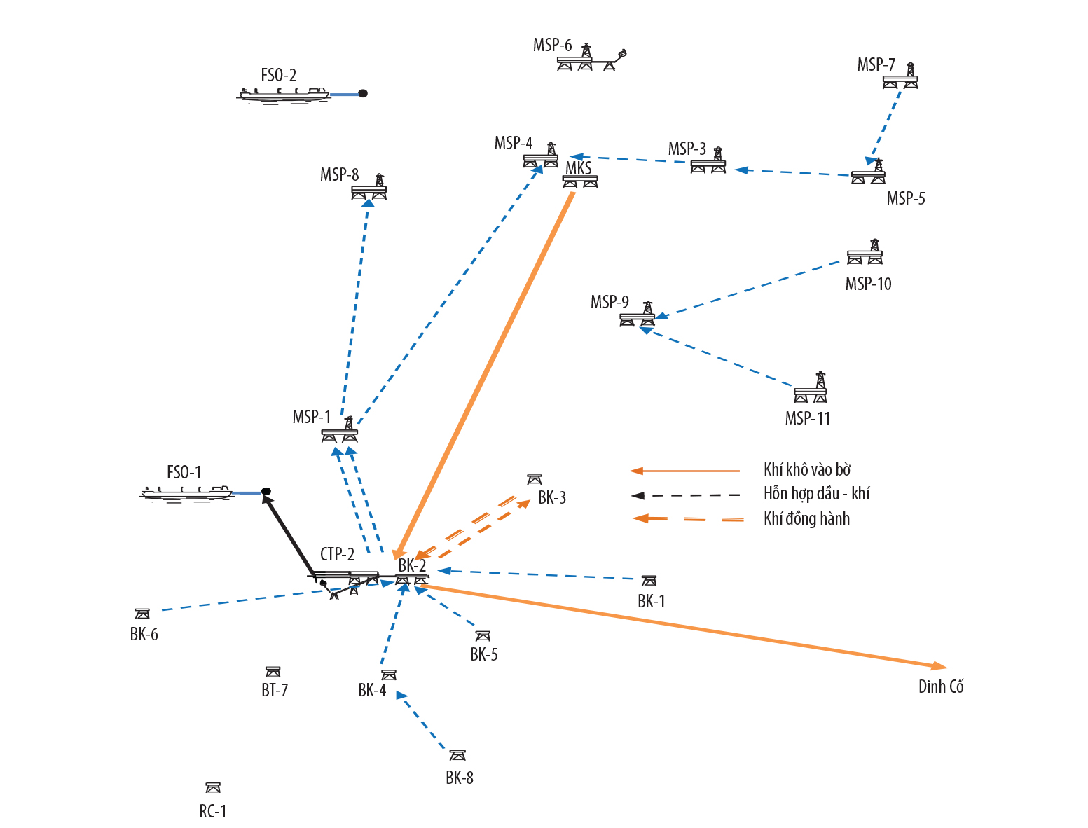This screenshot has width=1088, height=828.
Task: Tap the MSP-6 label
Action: click(x=552, y=46)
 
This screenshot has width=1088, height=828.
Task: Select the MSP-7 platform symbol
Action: click(x=901, y=78)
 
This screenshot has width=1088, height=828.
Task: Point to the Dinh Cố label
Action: click(x=941, y=686)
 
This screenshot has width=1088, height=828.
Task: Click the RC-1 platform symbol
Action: click(x=213, y=788)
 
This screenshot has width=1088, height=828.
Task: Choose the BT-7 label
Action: click(x=275, y=691)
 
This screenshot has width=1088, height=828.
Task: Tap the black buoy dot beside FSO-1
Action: click(x=266, y=492)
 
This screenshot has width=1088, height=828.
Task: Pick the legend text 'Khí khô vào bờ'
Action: click(x=807, y=470)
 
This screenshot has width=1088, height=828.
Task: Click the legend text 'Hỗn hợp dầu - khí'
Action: click(x=816, y=494)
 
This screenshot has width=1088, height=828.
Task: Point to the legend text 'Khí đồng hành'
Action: click(x=806, y=519)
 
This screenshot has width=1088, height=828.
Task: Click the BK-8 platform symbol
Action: click(x=457, y=755)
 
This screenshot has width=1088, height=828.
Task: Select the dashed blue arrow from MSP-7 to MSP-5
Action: click(x=885, y=125)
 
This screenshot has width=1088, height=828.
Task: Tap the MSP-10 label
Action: click(x=868, y=284)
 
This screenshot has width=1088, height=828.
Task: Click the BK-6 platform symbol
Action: click(x=142, y=614)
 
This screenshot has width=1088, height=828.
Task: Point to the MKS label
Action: click(x=579, y=169)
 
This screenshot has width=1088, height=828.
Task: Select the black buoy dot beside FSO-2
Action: click(x=363, y=93)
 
